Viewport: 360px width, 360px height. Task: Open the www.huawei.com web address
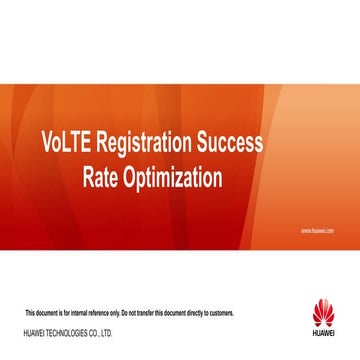coord(316,230)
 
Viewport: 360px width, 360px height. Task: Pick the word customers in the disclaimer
coord(220,313)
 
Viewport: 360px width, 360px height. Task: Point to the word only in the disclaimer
coord(114,313)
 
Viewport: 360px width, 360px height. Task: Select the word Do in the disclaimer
coord(124,313)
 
